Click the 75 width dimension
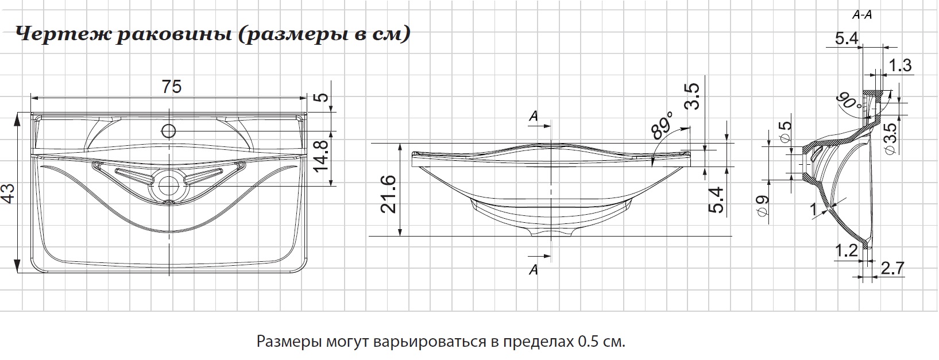(171, 87)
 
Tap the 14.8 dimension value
(321, 156)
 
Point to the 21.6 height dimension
(389, 195)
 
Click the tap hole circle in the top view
(168, 130)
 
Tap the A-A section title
(862, 16)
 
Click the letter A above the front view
(534, 116)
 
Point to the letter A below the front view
(534, 269)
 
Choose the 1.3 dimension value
(900, 65)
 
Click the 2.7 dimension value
(892, 268)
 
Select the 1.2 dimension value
(845, 250)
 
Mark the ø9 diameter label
(763, 206)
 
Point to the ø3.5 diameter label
(890, 138)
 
